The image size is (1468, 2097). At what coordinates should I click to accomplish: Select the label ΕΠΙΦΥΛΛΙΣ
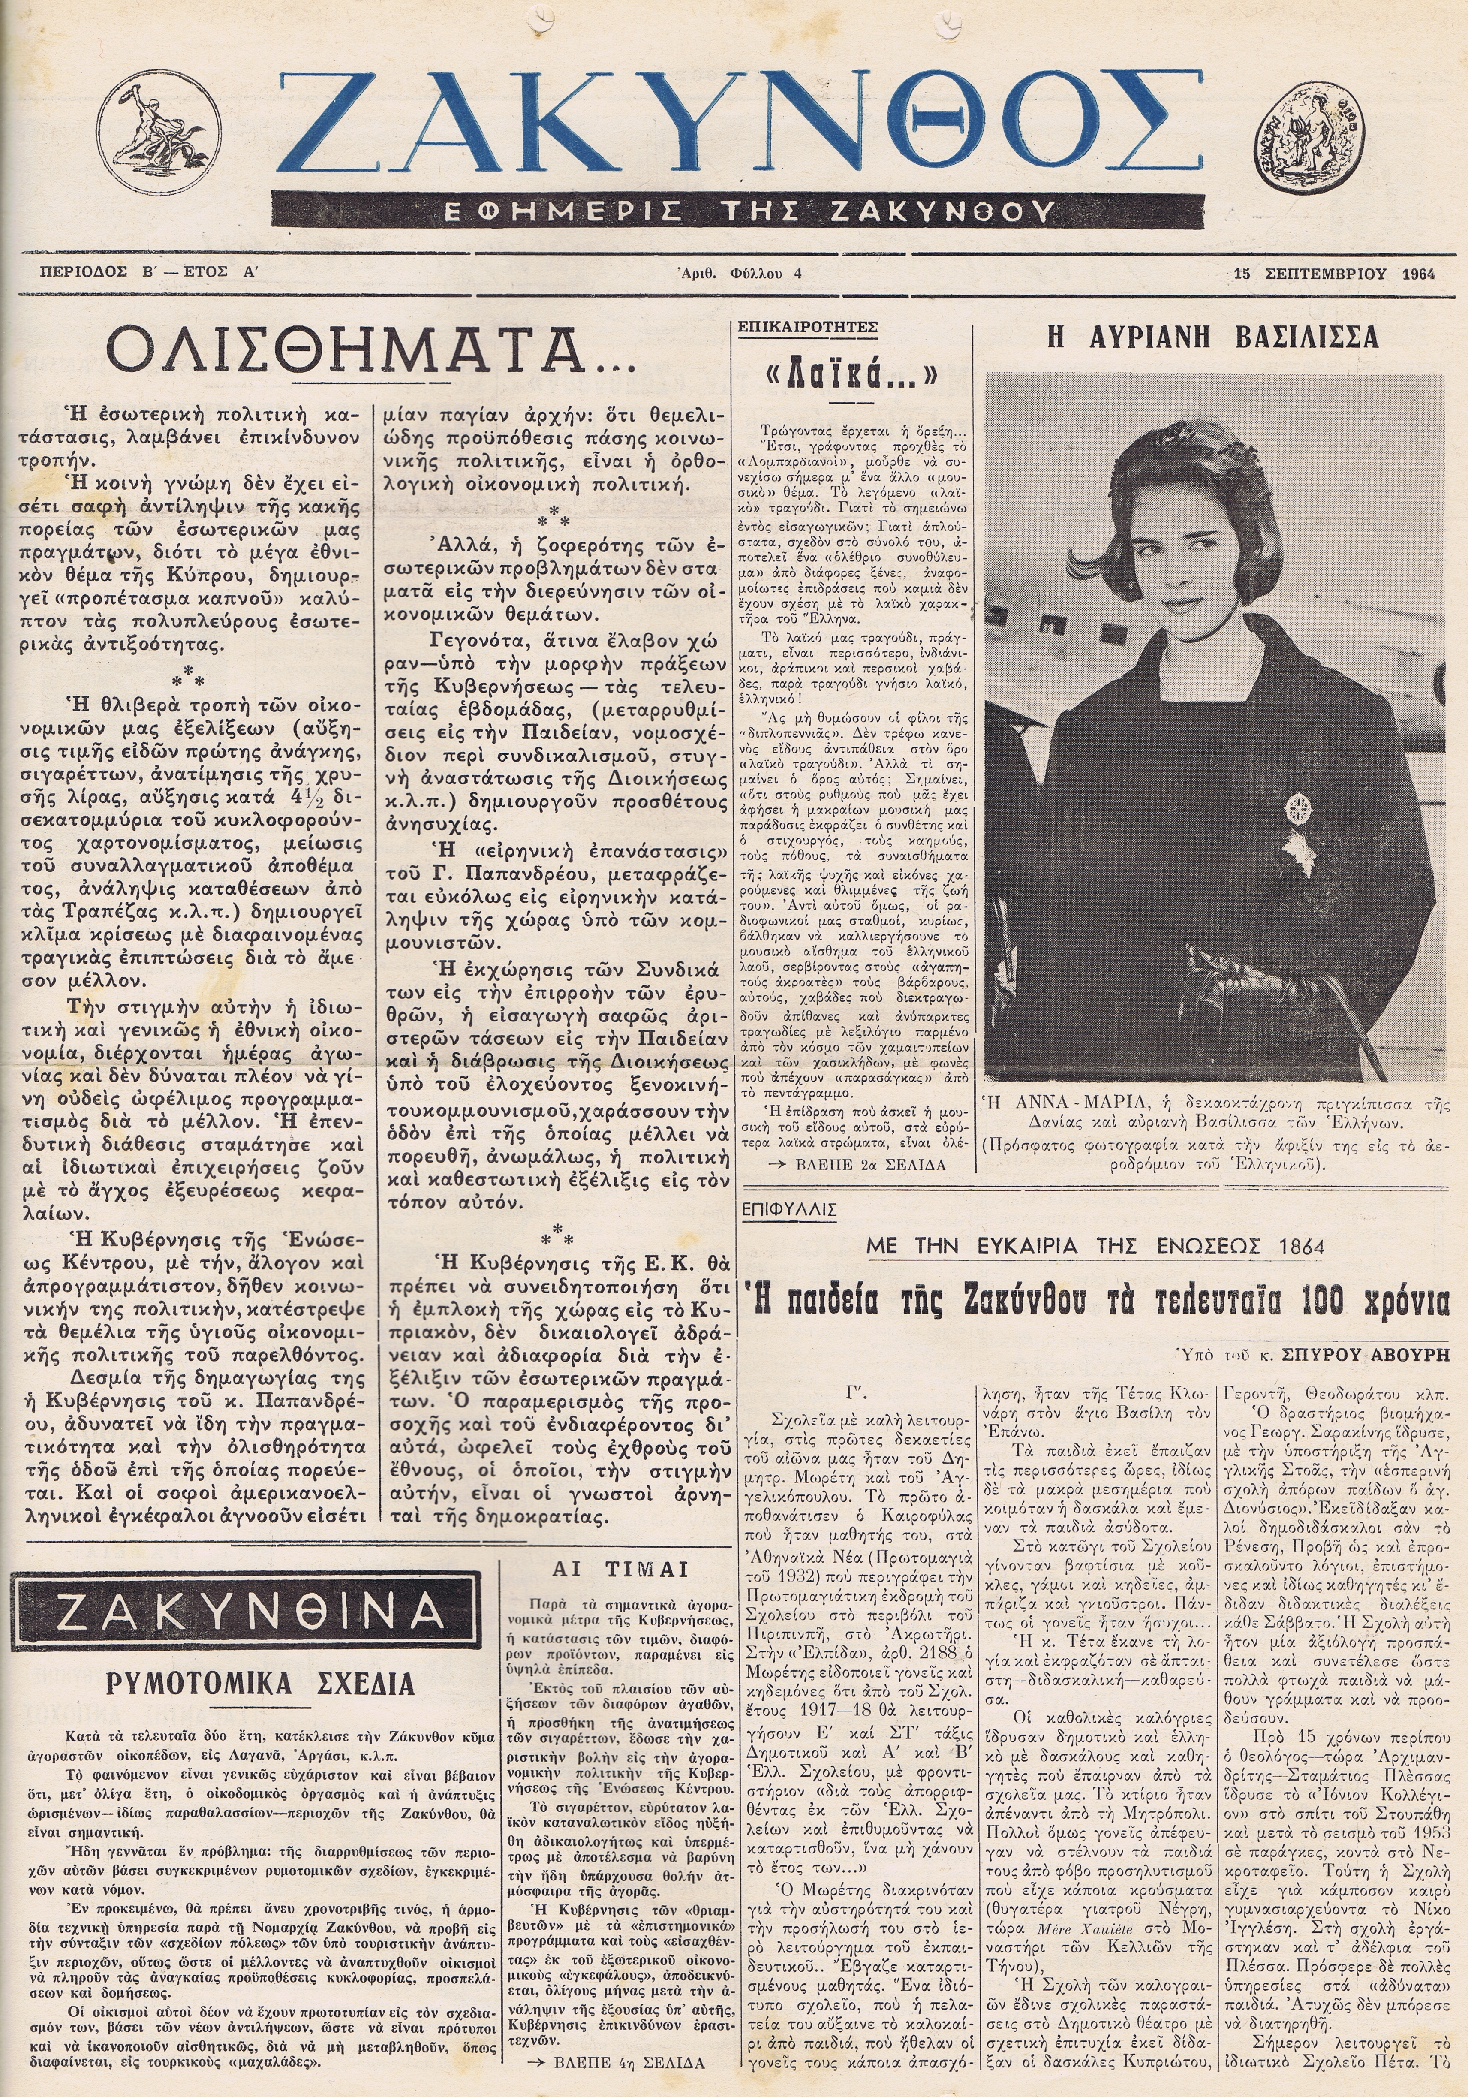point(791,1208)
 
